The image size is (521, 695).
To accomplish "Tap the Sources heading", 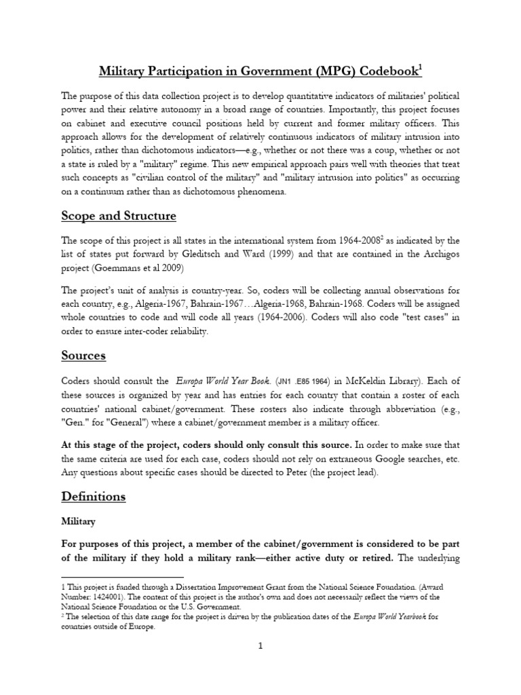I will pyautogui.click(x=83, y=356).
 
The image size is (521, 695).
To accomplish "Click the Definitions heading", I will pyautogui.click(x=93, y=496).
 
